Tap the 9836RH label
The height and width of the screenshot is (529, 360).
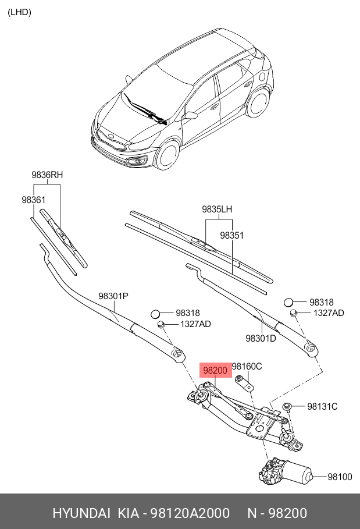tap(47, 175)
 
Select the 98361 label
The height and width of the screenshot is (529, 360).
tap(34, 200)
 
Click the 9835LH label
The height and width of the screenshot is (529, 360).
tap(218, 210)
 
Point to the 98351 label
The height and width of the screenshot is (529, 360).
tap(231, 236)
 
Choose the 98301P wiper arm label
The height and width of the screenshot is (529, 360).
tap(113, 296)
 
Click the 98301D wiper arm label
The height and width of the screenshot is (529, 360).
tap(261, 338)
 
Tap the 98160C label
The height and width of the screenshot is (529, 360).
tap(247, 366)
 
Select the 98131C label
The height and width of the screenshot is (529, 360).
tap(322, 406)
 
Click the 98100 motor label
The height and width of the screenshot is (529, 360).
tap(340, 477)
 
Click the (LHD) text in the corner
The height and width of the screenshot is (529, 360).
tap(19, 12)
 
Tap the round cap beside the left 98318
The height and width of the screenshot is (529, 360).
tap(155, 314)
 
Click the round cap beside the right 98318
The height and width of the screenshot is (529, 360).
tap(288, 302)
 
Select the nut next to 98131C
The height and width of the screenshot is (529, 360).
tap(287, 406)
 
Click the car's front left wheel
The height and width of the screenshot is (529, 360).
tap(169, 153)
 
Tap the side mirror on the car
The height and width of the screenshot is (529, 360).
tap(190, 115)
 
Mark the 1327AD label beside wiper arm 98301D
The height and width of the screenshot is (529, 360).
tap(329, 313)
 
